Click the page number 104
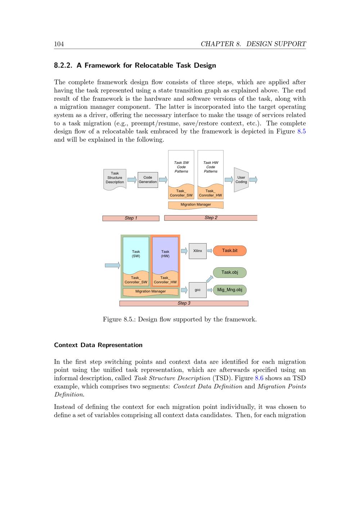[x=59, y=44]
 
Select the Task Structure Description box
[x=115, y=178]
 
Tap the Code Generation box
[x=148, y=180]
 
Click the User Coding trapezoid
[x=241, y=180]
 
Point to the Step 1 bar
[x=131, y=218]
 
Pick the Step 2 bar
[x=211, y=218]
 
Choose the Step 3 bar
[x=184, y=303]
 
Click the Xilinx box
[x=198, y=251]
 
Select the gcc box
[x=198, y=290]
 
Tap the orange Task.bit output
[x=230, y=251]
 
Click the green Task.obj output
[x=230, y=272]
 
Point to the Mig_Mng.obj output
[x=230, y=290]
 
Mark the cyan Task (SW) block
[x=136, y=254]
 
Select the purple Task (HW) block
[x=165, y=254]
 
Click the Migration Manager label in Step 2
[x=196, y=204]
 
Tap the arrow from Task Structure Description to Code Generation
[x=132, y=180]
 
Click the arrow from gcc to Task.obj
[x=210, y=279]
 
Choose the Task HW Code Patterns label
[x=211, y=167]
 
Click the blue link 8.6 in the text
[x=259, y=378]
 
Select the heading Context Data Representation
[x=98, y=345]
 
